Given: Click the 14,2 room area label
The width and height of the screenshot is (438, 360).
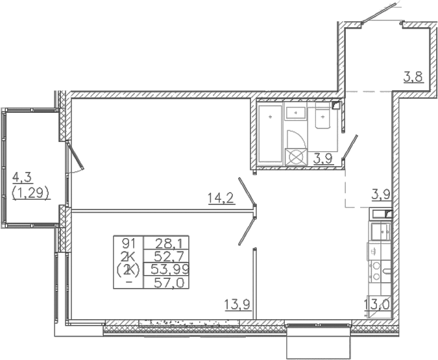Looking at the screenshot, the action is (x=221, y=198).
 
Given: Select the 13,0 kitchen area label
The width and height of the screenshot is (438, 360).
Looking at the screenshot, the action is (x=377, y=304).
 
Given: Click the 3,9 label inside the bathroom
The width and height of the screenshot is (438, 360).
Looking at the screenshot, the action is (x=323, y=159).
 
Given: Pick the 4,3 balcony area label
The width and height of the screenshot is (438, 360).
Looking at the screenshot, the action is (x=22, y=177).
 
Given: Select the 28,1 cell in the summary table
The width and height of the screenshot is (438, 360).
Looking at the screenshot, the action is (x=169, y=245).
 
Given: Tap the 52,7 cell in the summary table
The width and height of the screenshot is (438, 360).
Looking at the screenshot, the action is (x=169, y=256).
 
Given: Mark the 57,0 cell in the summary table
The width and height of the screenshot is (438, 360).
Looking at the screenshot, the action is (x=169, y=283).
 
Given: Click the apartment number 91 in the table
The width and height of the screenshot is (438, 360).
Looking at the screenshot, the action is (x=128, y=245).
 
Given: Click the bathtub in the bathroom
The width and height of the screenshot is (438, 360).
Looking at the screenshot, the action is (x=270, y=134).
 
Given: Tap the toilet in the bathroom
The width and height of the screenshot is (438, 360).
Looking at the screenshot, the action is (x=323, y=118).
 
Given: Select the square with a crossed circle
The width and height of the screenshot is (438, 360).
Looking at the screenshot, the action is (x=296, y=157).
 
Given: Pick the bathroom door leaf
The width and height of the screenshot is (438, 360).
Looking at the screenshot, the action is (x=350, y=147).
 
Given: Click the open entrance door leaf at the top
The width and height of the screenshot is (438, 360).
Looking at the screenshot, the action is (x=379, y=13).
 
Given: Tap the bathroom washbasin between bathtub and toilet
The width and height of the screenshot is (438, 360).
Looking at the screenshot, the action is (x=296, y=113).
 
